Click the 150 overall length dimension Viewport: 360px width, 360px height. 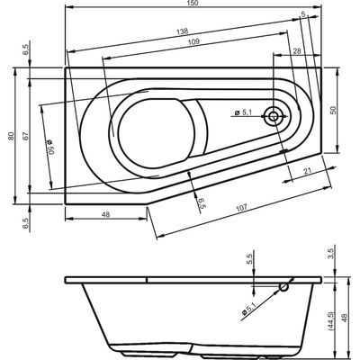194,3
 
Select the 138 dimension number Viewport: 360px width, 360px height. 182,31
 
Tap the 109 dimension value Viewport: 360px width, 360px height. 194,41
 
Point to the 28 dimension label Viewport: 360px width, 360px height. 297,51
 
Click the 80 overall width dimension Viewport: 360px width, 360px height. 12,136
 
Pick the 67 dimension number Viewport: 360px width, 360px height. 26,136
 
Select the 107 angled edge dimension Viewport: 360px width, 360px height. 241,208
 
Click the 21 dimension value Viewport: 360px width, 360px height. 307,171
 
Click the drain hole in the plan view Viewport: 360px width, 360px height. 274,116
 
